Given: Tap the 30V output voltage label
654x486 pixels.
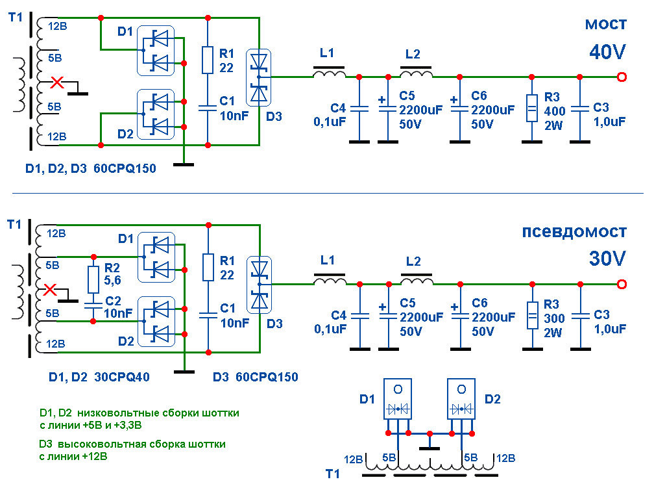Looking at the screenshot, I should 607,258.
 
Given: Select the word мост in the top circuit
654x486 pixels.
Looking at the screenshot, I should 606,25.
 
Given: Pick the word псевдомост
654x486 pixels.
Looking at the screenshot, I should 575,232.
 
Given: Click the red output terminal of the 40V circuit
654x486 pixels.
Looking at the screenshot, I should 622,77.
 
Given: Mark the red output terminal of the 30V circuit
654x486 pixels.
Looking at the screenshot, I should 622,284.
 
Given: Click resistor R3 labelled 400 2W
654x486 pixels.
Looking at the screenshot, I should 531,108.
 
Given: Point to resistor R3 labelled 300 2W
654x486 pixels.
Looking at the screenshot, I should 531,315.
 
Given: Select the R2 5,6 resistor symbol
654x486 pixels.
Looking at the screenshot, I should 93,279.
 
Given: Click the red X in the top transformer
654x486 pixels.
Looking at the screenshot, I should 58,83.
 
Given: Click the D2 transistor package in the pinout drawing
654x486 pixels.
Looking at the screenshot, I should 461,400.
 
